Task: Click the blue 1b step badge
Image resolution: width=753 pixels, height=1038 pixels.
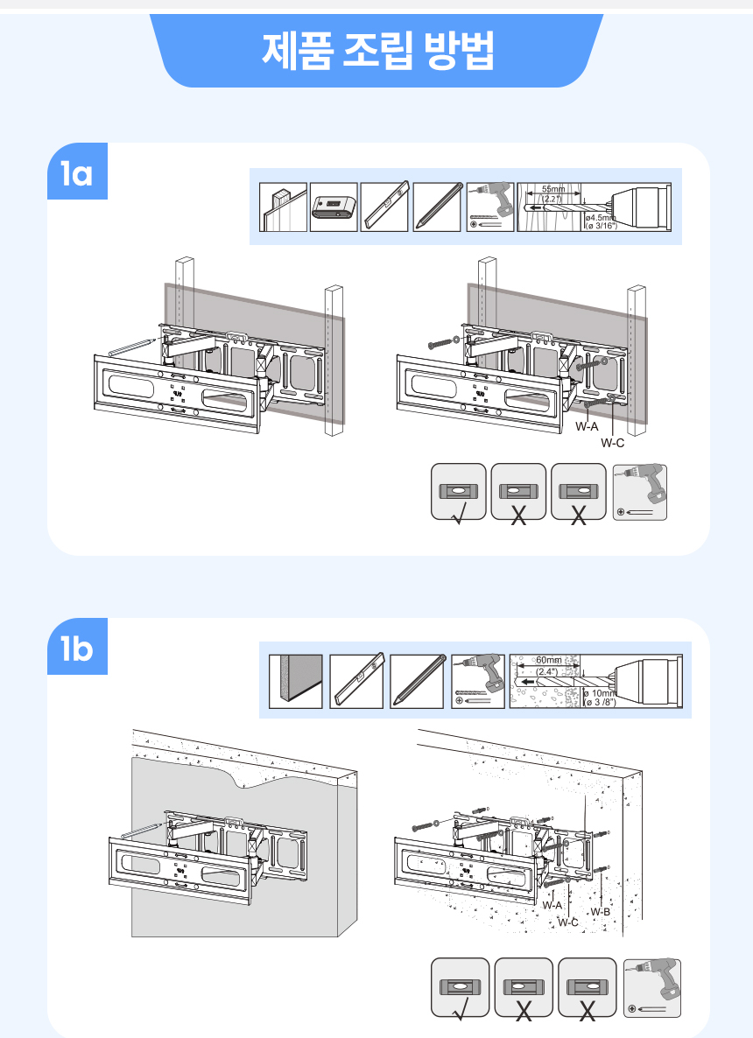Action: click(x=77, y=649)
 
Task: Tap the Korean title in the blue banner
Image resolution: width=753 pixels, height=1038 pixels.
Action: click(x=377, y=51)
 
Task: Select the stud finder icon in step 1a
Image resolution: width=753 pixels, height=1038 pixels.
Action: click(x=333, y=207)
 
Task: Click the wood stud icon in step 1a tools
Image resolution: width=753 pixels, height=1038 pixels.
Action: click(x=283, y=207)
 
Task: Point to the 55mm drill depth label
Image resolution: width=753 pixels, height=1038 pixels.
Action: click(x=553, y=189)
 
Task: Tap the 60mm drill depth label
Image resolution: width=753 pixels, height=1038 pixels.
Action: click(x=549, y=660)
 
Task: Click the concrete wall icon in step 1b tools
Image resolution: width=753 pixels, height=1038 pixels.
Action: click(x=296, y=681)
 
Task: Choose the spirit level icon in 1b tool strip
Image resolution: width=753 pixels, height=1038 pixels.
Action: click(x=356, y=681)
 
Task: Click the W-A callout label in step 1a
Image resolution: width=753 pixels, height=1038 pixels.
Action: click(x=587, y=427)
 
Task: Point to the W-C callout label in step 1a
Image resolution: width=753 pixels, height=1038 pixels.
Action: click(x=612, y=443)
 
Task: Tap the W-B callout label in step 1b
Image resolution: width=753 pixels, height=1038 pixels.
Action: click(x=600, y=912)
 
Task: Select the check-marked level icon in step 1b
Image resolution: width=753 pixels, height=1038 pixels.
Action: click(x=459, y=988)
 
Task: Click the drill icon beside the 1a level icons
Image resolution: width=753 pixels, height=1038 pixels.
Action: click(x=640, y=493)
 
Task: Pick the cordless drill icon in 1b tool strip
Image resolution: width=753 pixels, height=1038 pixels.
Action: click(x=477, y=681)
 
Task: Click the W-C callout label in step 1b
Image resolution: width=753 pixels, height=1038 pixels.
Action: click(x=568, y=922)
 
